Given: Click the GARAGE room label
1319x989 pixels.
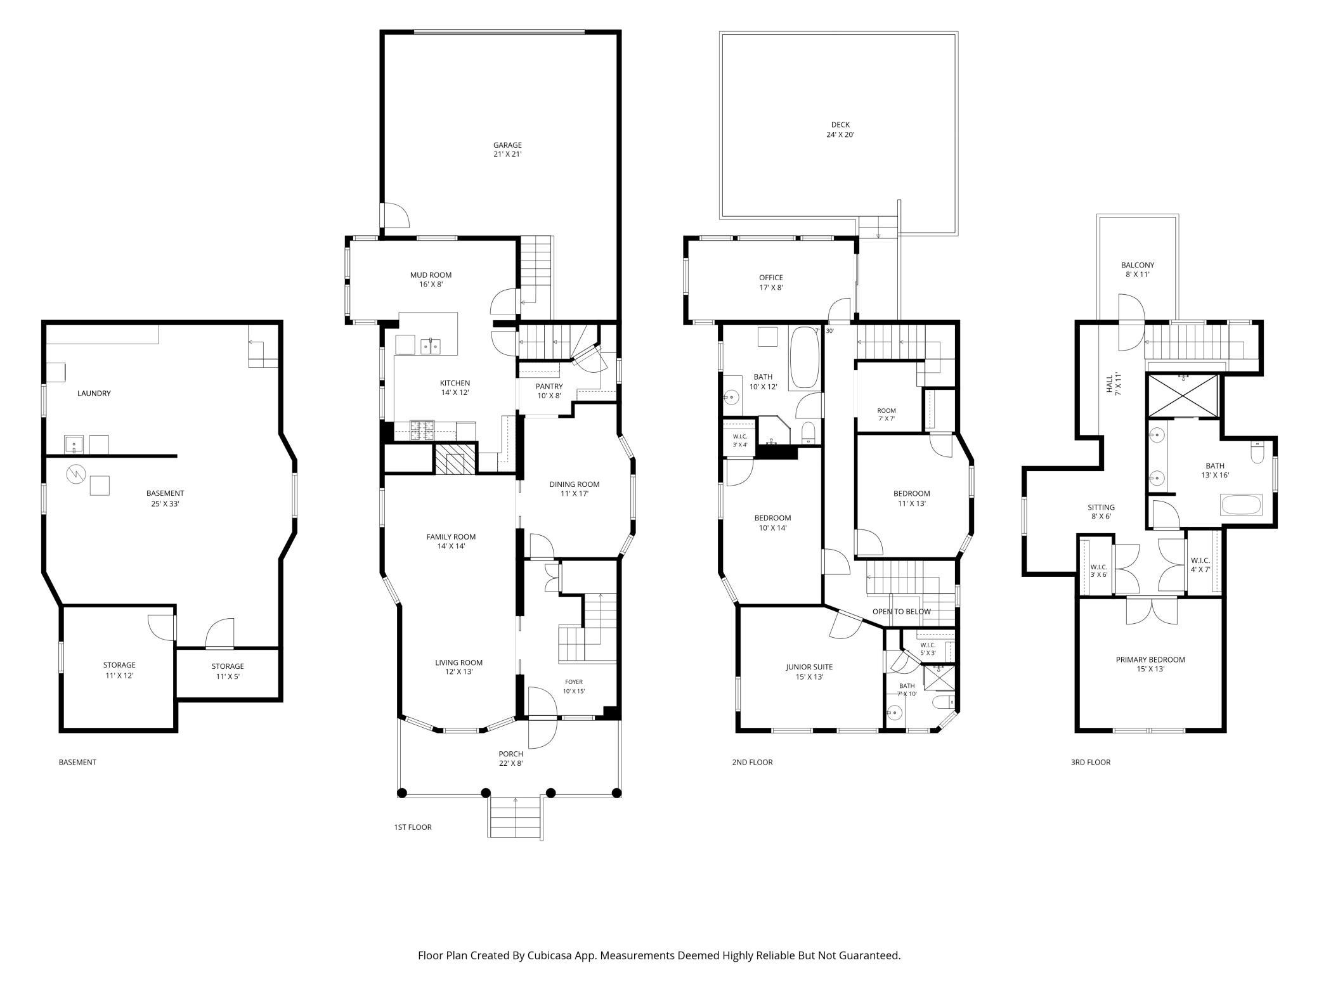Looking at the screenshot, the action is pos(507,145).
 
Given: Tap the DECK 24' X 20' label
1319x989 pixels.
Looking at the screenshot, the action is pos(840,129).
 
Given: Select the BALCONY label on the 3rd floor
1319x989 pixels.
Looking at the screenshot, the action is pos(1138,265).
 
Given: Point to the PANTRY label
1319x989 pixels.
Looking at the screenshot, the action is pos(549,386).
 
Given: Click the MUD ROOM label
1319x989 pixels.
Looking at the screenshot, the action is pos(431,275).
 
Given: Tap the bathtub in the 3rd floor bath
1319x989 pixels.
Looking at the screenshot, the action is pos(1242,505).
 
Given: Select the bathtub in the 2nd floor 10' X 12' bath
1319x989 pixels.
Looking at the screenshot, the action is pos(804,358).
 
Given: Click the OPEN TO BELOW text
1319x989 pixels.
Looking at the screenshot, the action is pos(901,612).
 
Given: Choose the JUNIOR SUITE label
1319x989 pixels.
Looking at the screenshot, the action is pos(809,667).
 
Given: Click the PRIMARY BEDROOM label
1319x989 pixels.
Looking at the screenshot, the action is pos(1150,659).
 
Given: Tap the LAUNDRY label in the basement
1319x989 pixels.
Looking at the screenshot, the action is pos(94,393).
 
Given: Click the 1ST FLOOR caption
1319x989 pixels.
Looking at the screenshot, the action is pos(413,827).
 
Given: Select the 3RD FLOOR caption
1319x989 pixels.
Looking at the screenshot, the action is pos(1091,762).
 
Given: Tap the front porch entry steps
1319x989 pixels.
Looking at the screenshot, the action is pos(516,817).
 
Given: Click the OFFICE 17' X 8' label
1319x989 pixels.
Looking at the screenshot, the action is pos(771,282).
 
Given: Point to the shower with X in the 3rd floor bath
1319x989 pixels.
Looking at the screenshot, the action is pos(1183,396).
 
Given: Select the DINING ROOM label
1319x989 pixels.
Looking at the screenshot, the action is pos(574,484).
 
